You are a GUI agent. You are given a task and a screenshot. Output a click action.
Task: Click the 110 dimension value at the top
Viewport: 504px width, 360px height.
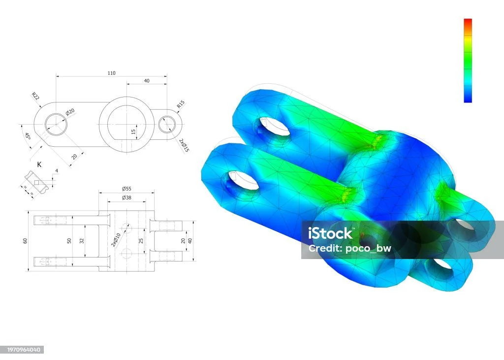click(x=112, y=73)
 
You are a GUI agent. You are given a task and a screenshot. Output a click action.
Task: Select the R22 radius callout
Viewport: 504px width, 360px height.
click(x=35, y=96)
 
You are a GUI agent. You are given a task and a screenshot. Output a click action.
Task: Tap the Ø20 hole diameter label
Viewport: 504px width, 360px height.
click(x=70, y=112)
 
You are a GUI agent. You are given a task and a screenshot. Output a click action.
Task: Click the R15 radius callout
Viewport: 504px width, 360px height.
click(x=181, y=104)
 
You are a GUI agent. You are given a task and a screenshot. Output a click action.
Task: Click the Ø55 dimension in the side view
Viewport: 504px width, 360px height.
click(x=126, y=189)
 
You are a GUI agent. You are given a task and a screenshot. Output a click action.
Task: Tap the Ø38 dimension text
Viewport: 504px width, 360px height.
click(x=126, y=198)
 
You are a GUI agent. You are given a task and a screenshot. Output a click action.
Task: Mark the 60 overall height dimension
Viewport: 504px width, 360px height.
click(x=25, y=240)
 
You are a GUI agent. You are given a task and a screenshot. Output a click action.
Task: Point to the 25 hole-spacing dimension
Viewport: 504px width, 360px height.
click(x=141, y=241)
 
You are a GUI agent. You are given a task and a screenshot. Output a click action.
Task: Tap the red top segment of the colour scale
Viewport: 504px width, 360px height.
click(x=468, y=23)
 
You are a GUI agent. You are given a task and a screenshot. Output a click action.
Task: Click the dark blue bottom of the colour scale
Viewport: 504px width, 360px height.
click(x=468, y=98)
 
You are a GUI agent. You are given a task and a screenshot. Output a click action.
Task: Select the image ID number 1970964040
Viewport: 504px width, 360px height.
click(x=22, y=350)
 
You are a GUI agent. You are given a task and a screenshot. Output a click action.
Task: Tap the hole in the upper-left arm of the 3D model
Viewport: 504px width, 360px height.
click(x=274, y=127)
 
